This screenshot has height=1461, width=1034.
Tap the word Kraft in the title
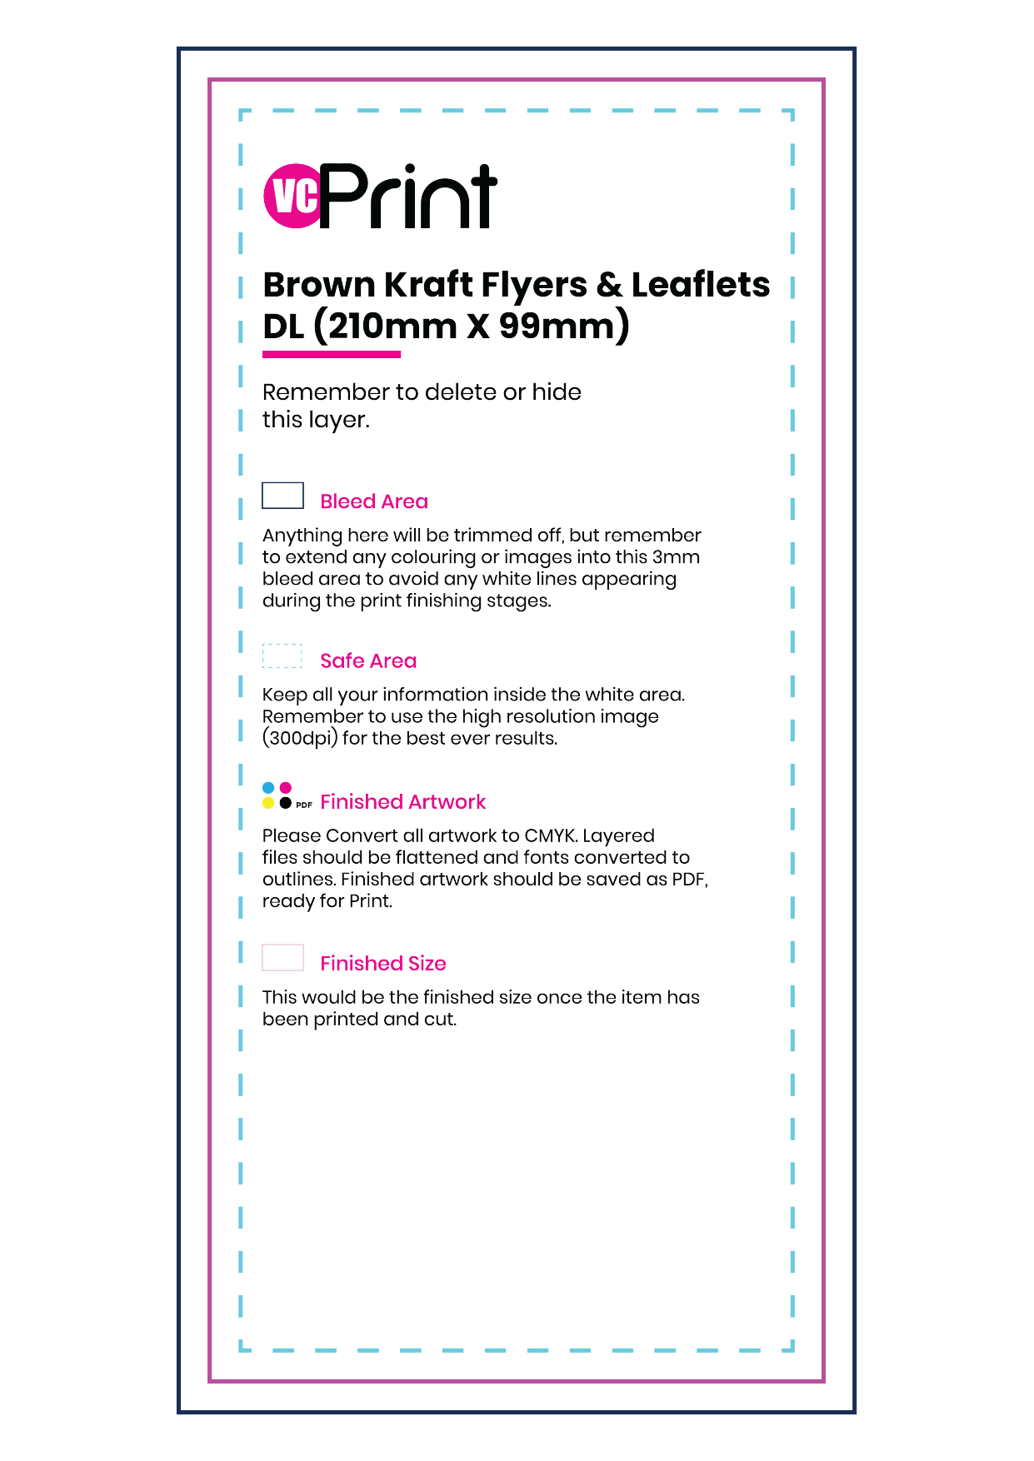pyautogui.click(x=427, y=285)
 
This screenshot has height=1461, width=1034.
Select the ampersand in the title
pyautogui.click(x=609, y=285)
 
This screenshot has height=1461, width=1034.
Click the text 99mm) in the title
pyautogui.click(x=564, y=326)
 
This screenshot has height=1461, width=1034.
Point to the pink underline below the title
pyautogui.click(x=332, y=355)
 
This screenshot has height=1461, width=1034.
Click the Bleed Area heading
pyautogui.click(x=374, y=501)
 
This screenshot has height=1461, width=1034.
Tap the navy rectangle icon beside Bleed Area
pyautogui.click(x=282, y=496)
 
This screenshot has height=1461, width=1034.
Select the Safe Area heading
pyautogui.click(x=368, y=661)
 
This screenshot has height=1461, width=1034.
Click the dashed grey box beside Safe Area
pyautogui.click(x=282, y=656)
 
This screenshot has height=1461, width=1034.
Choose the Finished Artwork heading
pyautogui.click(x=402, y=801)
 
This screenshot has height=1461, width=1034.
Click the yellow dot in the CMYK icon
pyautogui.click(x=268, y=803)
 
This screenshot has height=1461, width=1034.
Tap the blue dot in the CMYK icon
pyautogui.click(x=268, y=788)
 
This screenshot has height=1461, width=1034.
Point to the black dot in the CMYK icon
pyautogui.click(x=286, y=803)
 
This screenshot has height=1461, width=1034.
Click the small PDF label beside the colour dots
pyautogui.click(x=304, y=805)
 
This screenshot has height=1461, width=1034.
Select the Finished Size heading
pyautogui.click(x=383, y=963)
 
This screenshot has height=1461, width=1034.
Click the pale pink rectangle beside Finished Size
pyautogui.click(x=282, y=958)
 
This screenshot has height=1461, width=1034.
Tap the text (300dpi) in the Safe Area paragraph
pyautogui.click(x=300, y=739)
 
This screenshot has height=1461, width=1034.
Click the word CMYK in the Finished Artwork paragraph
pyautogui.click(x=550, y=835)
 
